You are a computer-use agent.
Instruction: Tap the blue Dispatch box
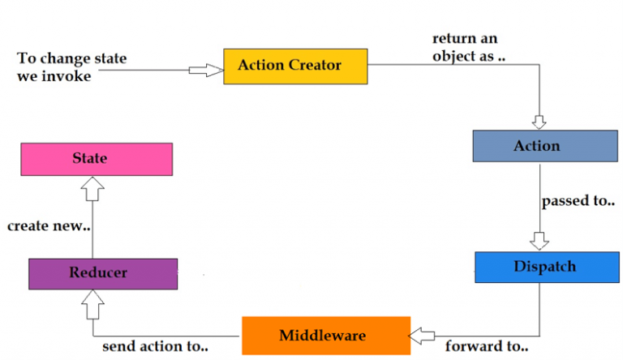535,267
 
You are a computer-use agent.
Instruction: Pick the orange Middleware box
322,336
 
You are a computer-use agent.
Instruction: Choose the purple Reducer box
102,274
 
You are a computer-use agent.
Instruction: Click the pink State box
96,159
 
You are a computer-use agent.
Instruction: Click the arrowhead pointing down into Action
539,122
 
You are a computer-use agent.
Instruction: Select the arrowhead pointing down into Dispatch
539,241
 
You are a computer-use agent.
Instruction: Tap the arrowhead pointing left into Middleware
421,335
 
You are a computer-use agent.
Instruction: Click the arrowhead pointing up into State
93,188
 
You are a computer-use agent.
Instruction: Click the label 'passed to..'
578,201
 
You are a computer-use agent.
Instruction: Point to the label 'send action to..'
155,346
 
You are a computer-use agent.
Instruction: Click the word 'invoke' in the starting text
69,76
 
